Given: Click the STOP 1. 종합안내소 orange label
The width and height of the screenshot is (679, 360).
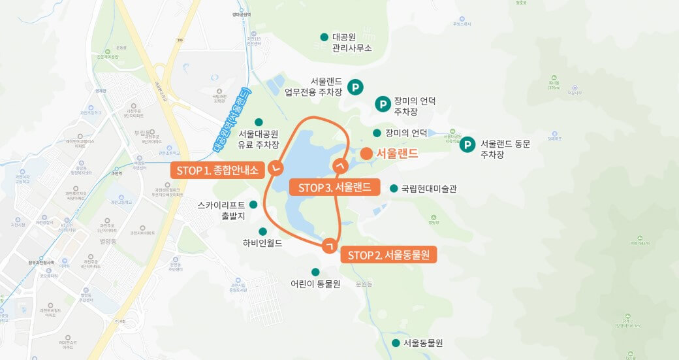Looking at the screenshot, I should [217, 171].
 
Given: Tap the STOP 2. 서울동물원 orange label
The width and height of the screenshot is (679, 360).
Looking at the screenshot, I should [388, 254].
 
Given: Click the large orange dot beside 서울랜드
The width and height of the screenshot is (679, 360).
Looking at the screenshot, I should [366, 154].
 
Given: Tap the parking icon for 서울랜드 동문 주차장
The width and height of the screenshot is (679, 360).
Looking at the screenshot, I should [467, 145].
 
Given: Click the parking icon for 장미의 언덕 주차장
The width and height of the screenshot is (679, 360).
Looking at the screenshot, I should [384, 104].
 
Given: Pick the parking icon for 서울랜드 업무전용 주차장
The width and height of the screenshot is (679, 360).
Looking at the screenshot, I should [356, 86].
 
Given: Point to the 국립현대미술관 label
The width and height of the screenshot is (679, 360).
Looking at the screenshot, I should [429, 189].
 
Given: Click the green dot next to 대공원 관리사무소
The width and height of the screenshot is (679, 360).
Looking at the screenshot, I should [324, 37].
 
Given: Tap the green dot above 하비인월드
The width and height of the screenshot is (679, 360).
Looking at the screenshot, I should [263, 231].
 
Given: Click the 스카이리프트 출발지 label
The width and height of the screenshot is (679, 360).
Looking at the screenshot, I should [221, 210].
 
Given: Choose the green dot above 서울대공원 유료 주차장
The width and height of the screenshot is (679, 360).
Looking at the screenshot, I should [259, 122].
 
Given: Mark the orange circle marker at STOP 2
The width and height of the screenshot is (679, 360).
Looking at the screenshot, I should [330, 245].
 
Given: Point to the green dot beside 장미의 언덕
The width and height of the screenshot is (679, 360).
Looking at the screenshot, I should [377, 133].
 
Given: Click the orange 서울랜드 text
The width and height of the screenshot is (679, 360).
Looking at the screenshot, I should [397, 154].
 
